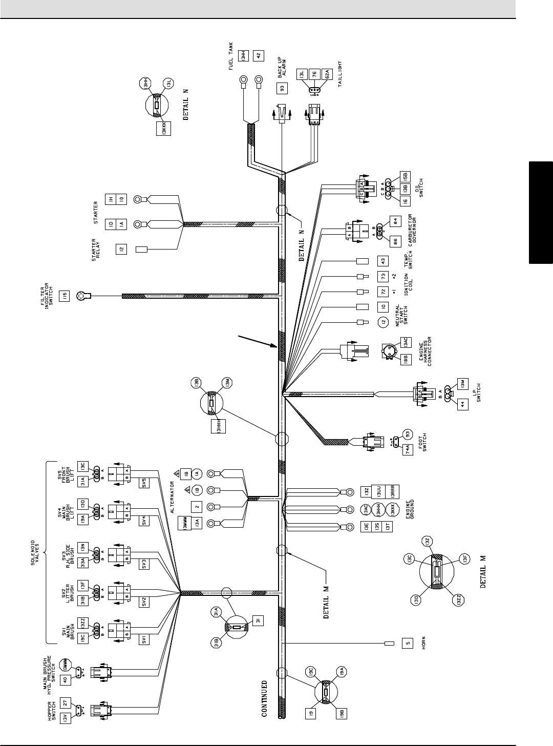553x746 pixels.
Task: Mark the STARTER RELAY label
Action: [98, 251]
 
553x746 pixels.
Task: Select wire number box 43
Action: [382, 261]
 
